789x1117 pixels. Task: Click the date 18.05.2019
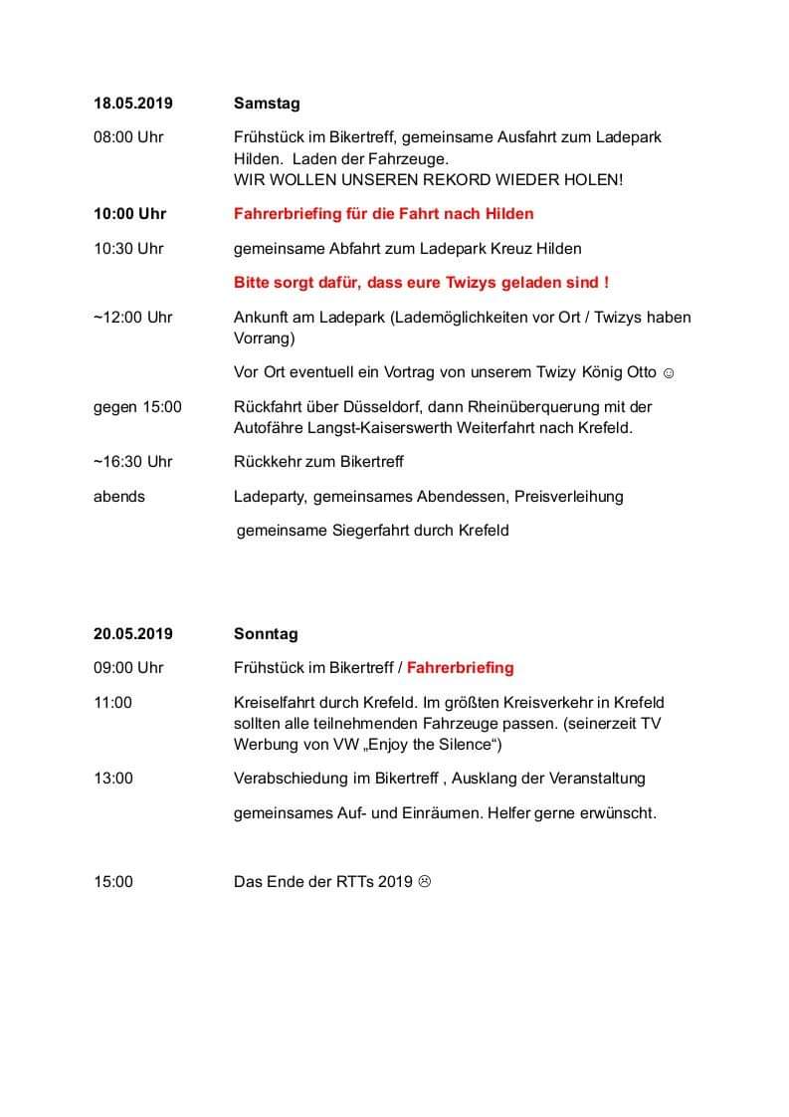pos(133,103)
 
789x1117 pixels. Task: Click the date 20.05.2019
pos(133,633)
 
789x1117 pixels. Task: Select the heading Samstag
pos(267,103)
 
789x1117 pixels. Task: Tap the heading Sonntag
pos(266,633)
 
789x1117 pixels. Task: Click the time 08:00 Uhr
pos(128,137)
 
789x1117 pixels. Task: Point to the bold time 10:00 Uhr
pos(130,213)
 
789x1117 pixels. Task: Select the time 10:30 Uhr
pos(128,248)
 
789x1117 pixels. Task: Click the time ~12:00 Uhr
pos(132,317)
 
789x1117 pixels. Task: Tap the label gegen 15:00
pos(137,406)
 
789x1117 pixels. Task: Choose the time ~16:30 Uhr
pos(132,461)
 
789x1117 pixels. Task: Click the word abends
pos(119,496)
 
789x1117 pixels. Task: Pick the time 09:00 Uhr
pos(128,667)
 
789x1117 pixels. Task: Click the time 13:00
pos(112,778)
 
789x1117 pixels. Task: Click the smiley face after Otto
pos(669,372)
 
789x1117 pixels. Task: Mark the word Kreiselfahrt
pos(274,702)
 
